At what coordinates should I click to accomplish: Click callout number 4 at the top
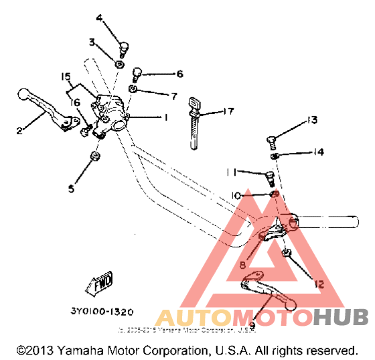click(99, 18)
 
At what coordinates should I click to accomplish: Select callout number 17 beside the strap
click(228, 111)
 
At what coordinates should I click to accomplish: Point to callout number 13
click(311, 121)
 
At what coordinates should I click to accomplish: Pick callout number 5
click(71, 189)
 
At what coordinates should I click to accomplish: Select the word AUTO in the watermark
click(190, 316)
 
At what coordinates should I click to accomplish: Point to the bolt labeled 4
click(123, 48)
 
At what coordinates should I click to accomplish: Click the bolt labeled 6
click(138, 72)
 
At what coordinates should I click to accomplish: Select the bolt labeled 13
click(271, 140)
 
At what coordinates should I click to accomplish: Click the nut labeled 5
click(94, 158)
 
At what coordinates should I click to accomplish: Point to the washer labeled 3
click(119, 64)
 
